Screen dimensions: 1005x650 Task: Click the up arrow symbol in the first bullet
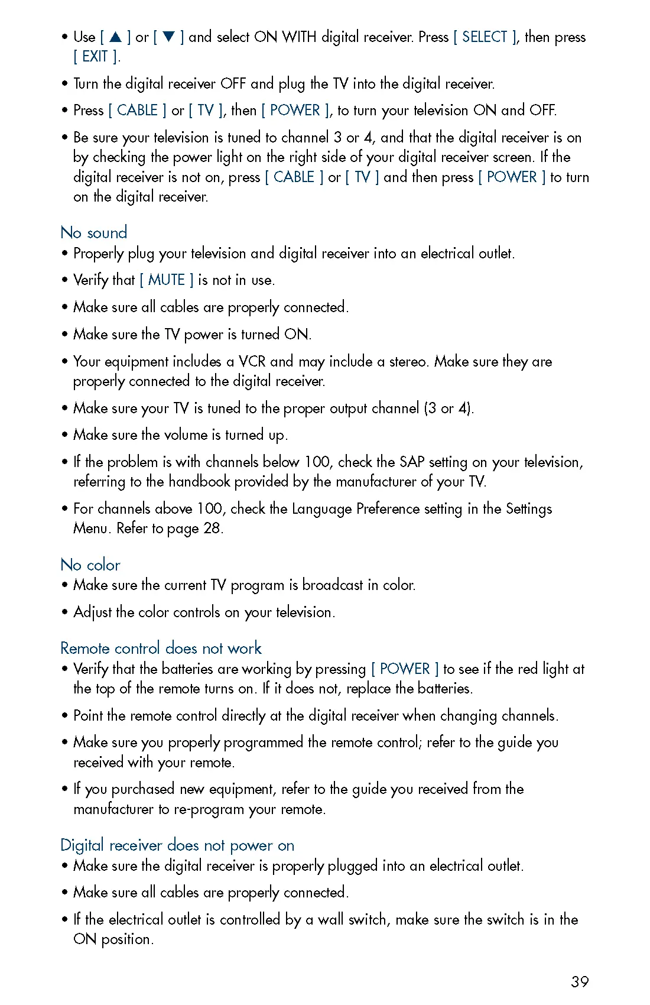tap(116, 37)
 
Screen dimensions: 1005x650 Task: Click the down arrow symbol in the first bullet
tap(168, 37)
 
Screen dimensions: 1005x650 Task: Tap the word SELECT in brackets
tap(485, 37)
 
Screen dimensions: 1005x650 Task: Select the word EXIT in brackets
tap(95, 57)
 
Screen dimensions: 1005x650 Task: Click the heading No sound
tap(94, 232)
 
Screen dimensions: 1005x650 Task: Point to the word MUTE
tap(167, 280)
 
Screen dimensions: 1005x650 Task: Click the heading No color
tap(90, 565)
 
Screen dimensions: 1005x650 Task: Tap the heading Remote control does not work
tap(161, 648)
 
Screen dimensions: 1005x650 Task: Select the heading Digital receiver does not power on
tap(177, 845)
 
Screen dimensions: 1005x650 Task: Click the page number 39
tap(580, 982)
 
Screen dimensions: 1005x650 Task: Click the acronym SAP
tap(412, 462)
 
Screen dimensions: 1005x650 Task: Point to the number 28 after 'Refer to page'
tap(212, 529)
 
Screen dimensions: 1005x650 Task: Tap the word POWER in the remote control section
tap(405, 669)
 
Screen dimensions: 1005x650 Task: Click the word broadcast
tap(333, 585)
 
